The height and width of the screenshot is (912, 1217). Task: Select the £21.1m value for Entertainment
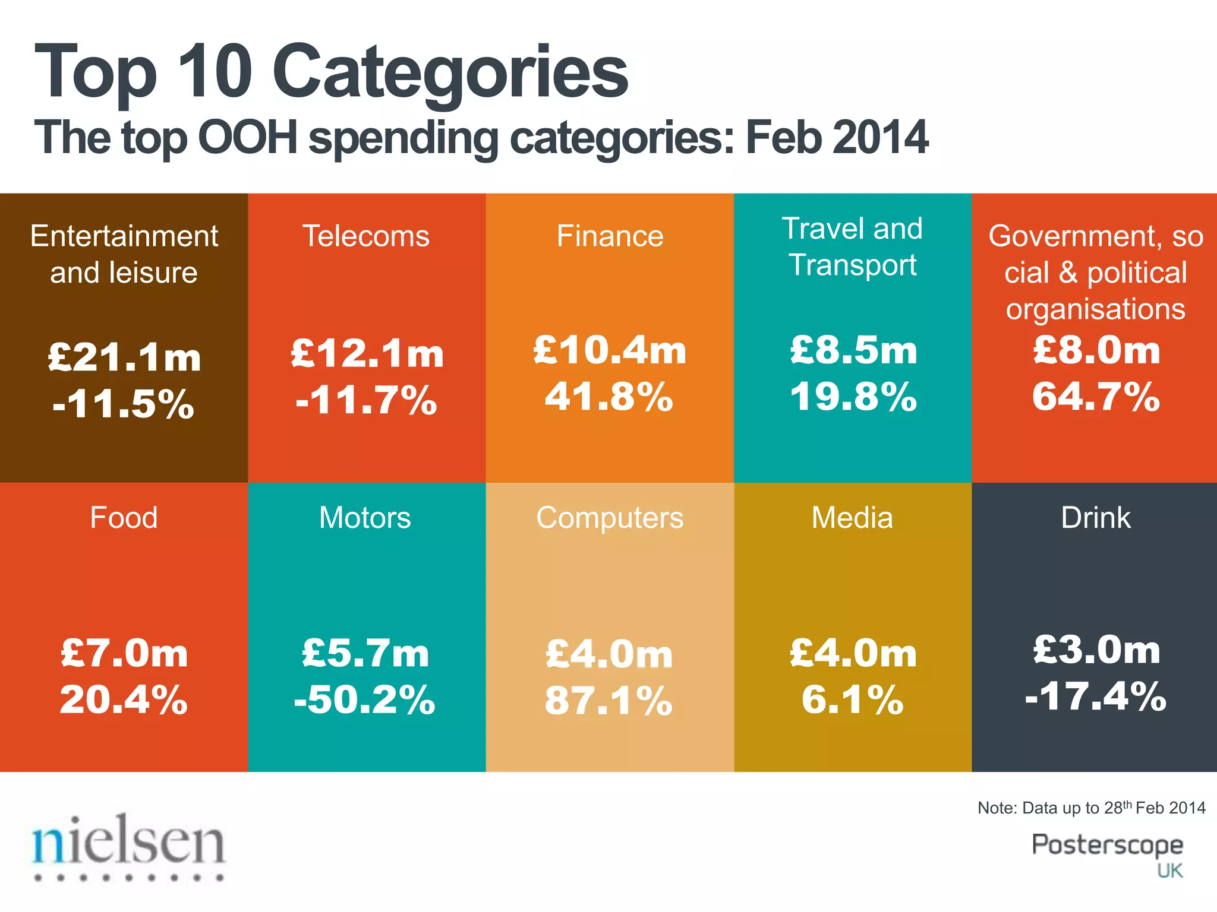[124, 357]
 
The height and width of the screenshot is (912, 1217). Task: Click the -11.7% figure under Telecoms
[367, 400]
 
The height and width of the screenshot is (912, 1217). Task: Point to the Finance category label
[610, 236]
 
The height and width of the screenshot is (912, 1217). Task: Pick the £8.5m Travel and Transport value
[853, 350]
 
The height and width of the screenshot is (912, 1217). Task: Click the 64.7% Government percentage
[1096, 397]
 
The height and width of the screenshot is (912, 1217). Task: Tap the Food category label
[124, 518]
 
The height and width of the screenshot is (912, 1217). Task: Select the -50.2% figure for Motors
[365, 699]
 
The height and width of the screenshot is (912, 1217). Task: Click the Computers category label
[610, 518]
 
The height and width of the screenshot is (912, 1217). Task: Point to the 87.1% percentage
[608, 701]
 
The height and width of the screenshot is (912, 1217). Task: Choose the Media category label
[852, 518]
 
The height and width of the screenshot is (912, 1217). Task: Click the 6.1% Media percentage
[852, 699]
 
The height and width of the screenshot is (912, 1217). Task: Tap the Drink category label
[1096, 518]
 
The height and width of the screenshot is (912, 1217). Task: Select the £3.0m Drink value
[1096, 650]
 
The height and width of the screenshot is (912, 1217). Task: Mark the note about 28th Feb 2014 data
[1091, 808]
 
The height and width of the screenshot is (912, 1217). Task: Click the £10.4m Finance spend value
[610, 350]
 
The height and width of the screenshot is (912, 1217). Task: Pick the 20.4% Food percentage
[124, 699]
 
